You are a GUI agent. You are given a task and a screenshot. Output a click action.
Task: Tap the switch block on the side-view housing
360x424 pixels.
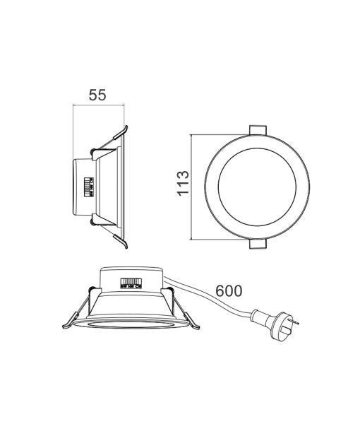pyautogui.click(x=89, y=187)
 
